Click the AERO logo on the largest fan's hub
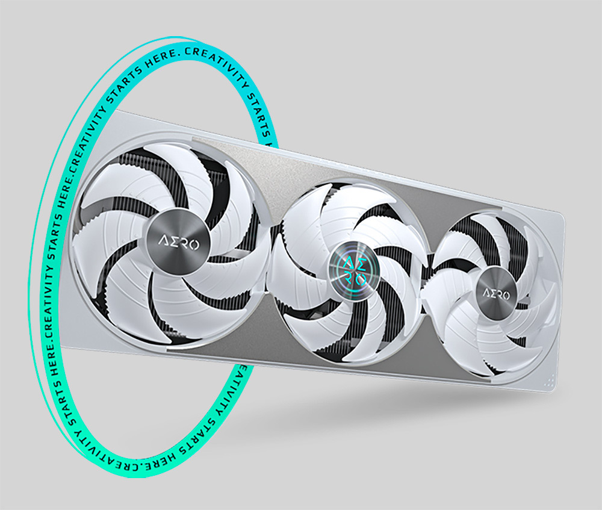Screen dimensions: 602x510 pos(179,243)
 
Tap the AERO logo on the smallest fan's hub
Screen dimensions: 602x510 pos(497,294)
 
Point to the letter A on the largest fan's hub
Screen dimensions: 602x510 pos(163,241)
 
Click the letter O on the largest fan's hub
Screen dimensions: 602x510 pos(194,244)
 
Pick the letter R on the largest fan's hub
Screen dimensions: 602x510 pos(184,243)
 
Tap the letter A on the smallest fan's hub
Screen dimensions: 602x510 pos(486,293)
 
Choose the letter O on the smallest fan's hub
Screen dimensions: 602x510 pos(506,295)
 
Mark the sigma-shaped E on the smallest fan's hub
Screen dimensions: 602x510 pos(492,294)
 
